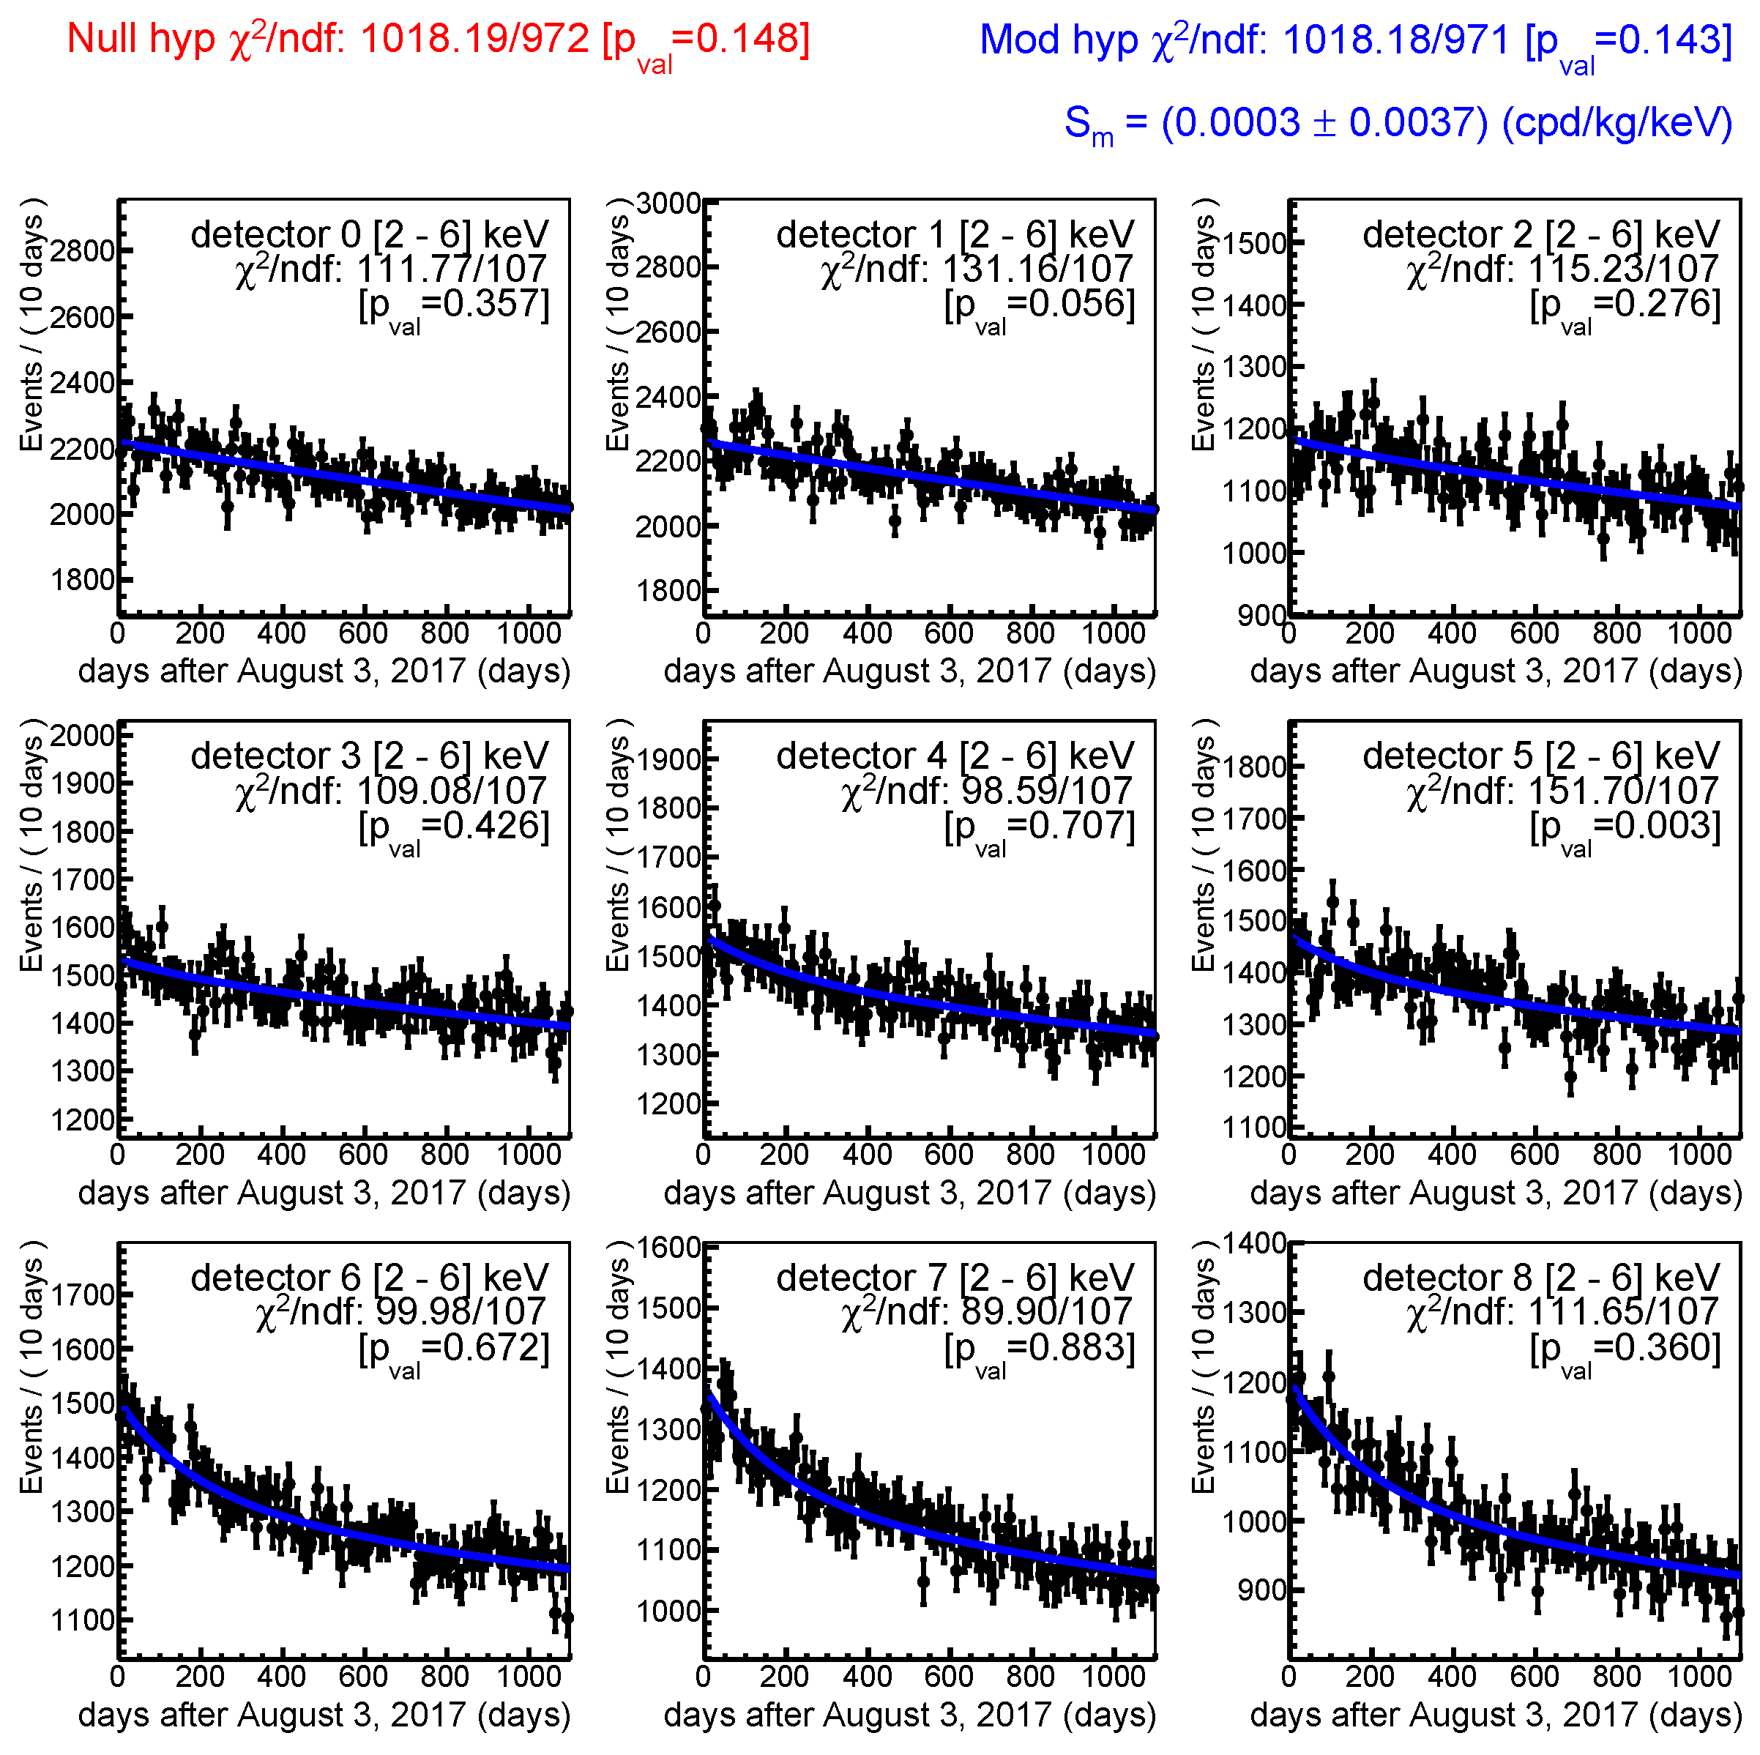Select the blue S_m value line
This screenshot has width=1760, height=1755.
(x=1398, y=123)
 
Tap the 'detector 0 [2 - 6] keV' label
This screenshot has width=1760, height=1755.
(x=369, y=234)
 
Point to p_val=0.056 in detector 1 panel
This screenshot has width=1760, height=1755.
(x=1040, y=305)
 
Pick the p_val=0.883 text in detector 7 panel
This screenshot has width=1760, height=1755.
(x=1040, y=1349)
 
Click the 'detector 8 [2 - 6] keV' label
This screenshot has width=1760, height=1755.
(x=1541, y=1278)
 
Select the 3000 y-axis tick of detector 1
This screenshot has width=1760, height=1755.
(x=668, y=204)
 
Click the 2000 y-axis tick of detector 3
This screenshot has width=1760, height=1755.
(x=82, y=734)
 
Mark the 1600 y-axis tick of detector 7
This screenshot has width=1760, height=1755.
(x=668, y=1247)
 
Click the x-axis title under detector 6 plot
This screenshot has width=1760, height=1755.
(x=324, y=1715)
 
